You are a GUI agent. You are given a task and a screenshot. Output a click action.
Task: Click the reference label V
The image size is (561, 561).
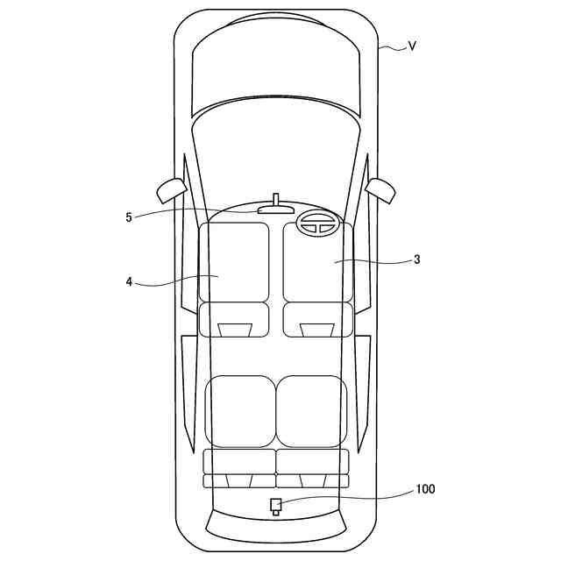[412, 46]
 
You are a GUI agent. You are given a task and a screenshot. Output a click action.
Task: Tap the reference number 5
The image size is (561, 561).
[129, 217]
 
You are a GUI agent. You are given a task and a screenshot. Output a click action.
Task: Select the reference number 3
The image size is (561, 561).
[417, 259]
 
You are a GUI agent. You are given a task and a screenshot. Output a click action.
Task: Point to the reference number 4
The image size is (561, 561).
[129, 282]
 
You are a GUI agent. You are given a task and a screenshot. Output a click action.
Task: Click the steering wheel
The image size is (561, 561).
[318, 224]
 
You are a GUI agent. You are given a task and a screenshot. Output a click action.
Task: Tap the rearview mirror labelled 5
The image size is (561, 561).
[275, 209]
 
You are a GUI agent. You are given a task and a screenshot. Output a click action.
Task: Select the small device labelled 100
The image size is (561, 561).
[275, 505]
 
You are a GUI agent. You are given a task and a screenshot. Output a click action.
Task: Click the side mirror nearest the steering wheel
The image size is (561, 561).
[381, 187]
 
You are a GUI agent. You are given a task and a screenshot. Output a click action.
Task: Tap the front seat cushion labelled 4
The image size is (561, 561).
[234, 261]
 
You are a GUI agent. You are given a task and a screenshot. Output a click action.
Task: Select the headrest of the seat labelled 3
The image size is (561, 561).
[316, 330]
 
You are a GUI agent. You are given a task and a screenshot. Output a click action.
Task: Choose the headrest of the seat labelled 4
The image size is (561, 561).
[234, 330]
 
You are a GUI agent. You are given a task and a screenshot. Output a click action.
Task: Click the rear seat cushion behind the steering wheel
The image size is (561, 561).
[311, 411]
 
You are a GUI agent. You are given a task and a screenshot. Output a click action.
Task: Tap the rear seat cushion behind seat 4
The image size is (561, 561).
[239, 411]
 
